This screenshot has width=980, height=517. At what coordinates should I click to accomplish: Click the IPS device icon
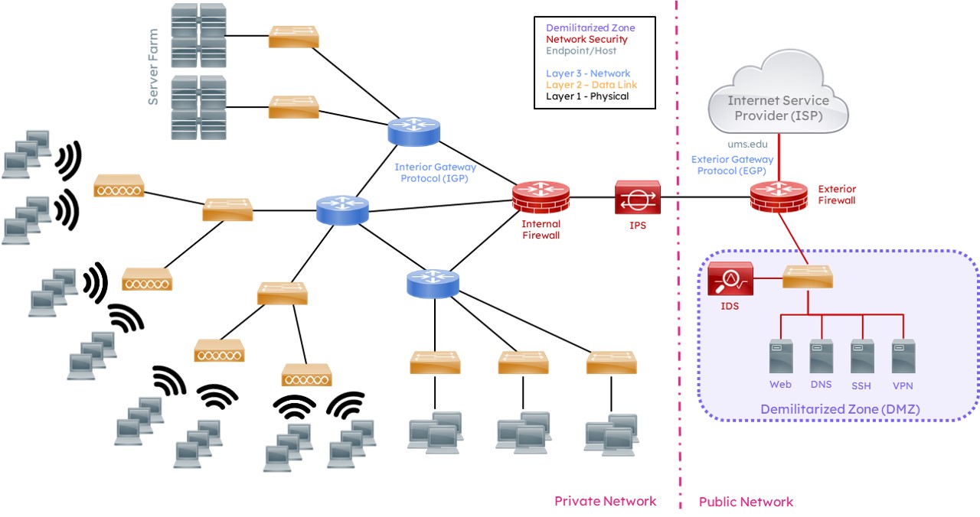pos(636,197)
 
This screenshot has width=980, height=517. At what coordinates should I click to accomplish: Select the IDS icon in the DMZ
pos(730,279)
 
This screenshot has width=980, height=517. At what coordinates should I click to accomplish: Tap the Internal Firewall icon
pos(541,198)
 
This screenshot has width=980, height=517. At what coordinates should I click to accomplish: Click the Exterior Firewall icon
pos(779,197)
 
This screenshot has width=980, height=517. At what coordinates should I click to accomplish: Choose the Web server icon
pos(780,356)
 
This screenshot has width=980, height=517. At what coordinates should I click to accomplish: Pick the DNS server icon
pos(822,356)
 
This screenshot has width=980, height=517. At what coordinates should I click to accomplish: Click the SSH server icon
pos(862,356)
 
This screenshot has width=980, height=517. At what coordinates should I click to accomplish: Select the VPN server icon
pos(903,356)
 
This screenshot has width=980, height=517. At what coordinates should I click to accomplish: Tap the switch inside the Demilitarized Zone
pos(807,276)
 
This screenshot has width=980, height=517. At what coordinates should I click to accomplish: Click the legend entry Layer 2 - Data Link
pos(592,85)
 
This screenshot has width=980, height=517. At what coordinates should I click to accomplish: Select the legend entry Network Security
pos(586,40)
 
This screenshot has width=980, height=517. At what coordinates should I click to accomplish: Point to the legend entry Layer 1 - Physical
pos(587,96)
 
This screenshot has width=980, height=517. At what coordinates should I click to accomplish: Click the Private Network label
pos(605,502)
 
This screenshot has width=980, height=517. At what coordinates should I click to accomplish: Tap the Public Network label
pos(746,502)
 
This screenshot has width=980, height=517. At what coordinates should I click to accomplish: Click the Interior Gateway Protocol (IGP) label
pos(435,172)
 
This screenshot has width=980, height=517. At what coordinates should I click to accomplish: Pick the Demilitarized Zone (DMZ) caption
pos(840,410)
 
